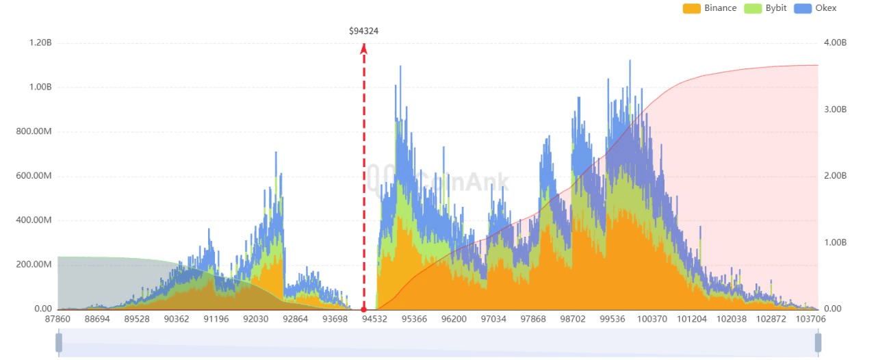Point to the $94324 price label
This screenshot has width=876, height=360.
click(363, 31)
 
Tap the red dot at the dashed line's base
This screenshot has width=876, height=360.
click(364, 309)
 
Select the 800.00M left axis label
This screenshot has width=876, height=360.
click(34, 131)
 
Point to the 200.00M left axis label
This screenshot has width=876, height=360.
click(34, 265)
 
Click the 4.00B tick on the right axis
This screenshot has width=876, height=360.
click(835, 42)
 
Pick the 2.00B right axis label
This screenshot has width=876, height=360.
click(835, 176)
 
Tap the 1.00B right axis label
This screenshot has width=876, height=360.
click(835, 242)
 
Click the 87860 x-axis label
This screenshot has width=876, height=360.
click(57, 320)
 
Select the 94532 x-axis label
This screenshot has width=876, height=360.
click(374, 320)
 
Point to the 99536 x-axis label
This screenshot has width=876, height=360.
click(613, 320)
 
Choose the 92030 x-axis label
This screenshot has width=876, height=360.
click(255, 320)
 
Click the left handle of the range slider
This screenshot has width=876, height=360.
click(59, 342)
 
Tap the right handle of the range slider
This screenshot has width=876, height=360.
click(818, 342)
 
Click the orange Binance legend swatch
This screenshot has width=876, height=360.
click(691, 8)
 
